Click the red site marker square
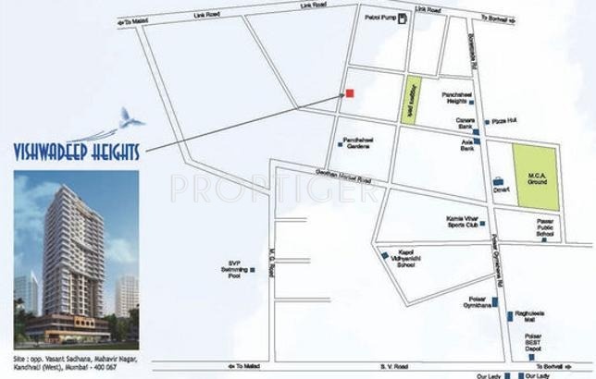click(350, 92)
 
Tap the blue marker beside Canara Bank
click(476, 133)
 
